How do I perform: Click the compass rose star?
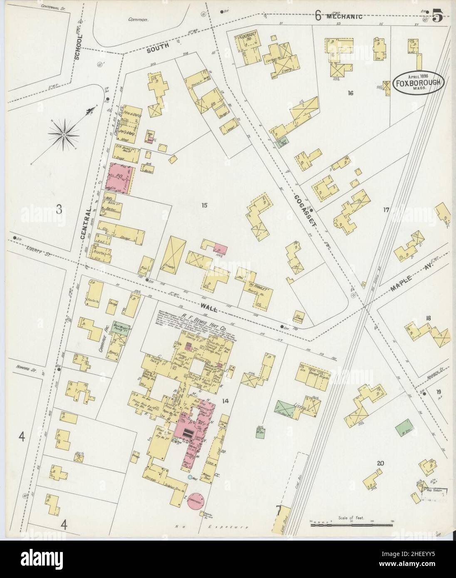[64, 134]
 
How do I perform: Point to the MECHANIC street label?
[344, 17]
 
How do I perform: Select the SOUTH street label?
[157, 47]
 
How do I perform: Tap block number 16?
[350, 93]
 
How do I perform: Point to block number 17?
[386, 210]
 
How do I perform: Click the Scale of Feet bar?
[352, 525]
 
